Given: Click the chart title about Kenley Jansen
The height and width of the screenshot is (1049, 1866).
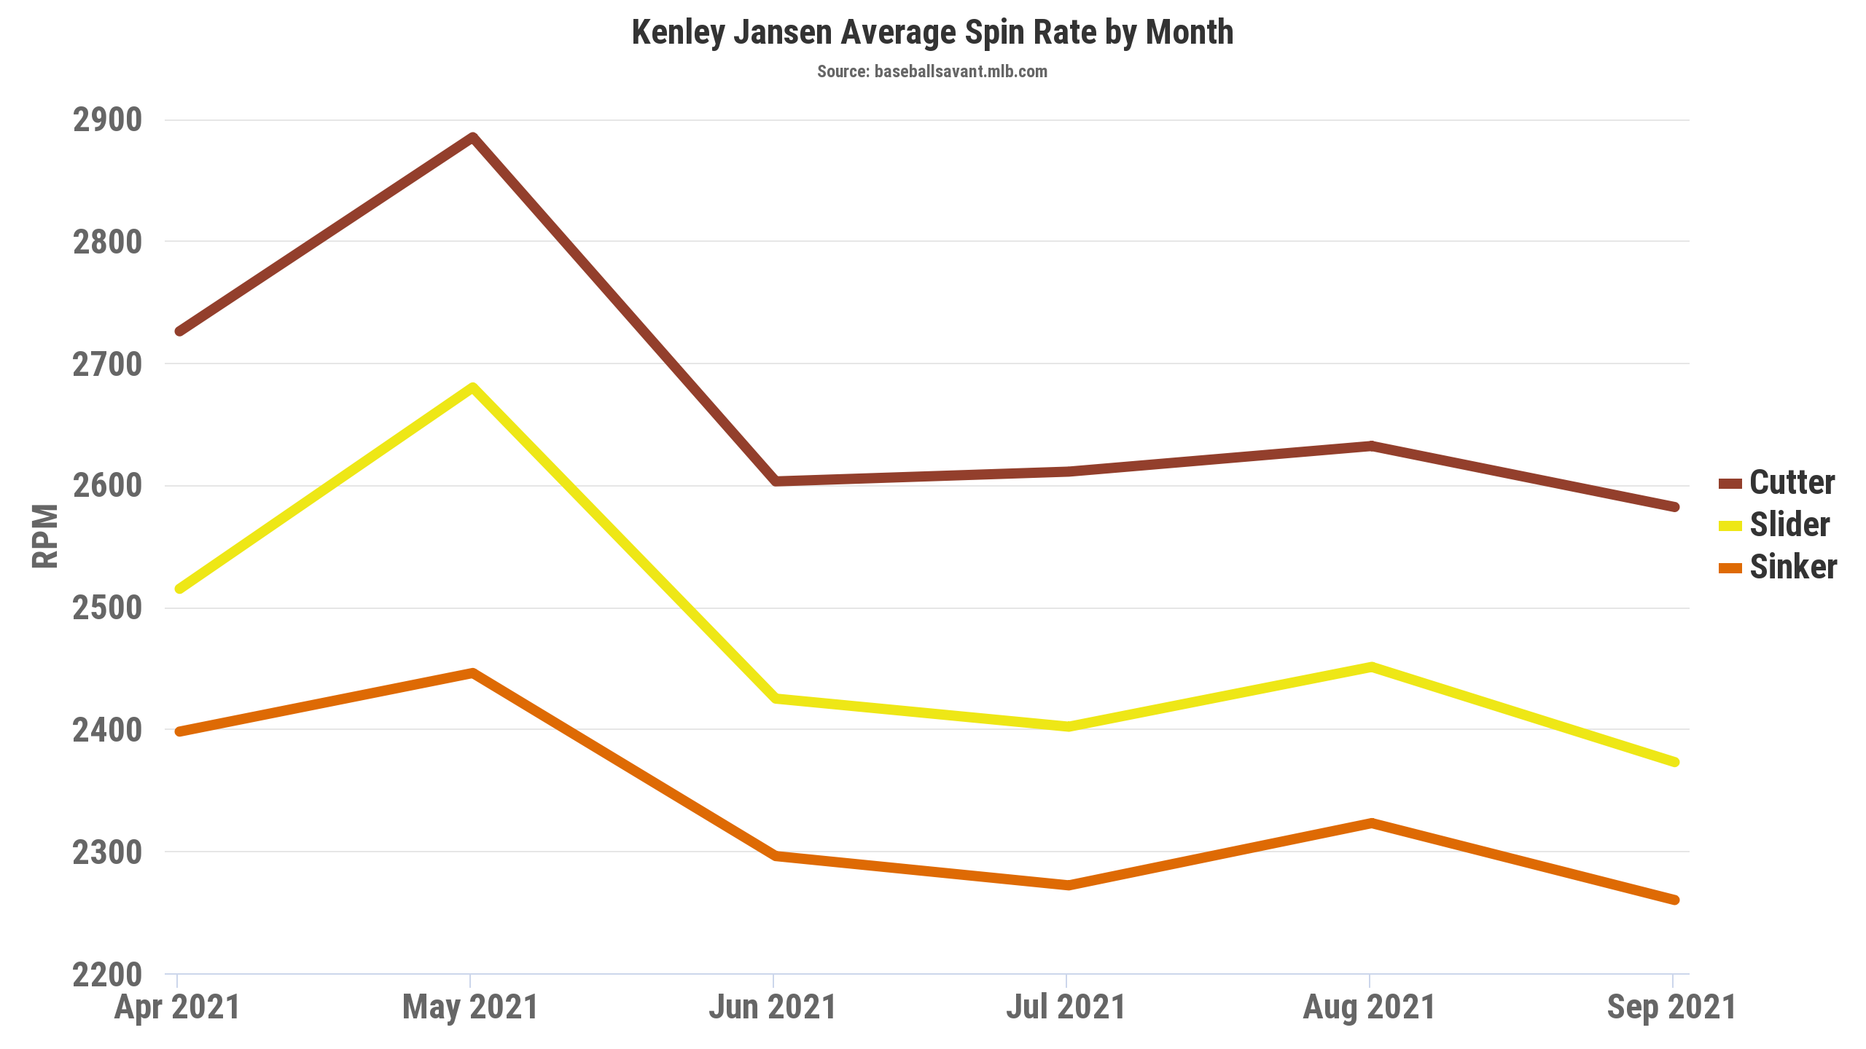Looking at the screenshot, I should click(932, 33).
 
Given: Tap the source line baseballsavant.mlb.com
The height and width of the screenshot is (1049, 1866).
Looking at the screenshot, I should click(932, 71).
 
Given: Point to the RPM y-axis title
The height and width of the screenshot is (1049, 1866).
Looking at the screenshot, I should click(45, 535).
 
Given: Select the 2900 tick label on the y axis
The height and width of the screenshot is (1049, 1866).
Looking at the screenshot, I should click(107, 120).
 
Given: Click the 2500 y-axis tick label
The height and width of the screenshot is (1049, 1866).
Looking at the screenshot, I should click(107, 608).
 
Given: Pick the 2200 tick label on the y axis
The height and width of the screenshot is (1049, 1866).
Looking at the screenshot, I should click(107, 975).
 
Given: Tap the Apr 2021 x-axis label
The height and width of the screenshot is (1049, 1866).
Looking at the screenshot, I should click(177, 1007).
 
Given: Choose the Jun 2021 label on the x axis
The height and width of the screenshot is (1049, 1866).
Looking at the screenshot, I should click(773, 1007).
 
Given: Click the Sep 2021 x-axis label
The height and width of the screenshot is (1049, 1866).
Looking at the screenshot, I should click(1671, 1007).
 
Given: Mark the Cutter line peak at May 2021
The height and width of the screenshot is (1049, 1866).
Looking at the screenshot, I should click(472, 138).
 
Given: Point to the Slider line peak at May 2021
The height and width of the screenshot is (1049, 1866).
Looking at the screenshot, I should click(472, 387).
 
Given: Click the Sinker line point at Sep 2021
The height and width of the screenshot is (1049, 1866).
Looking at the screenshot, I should click(1674, 900).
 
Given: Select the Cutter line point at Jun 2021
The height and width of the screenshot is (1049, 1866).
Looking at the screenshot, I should click(776, 481).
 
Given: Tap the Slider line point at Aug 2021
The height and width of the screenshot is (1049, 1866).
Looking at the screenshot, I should click(1371, 667).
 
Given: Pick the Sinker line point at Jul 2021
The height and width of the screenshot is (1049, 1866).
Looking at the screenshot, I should click(1068, 885).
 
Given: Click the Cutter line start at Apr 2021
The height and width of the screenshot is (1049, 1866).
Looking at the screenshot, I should click(179, 331).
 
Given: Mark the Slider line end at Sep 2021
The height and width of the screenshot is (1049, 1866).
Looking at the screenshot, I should click(1674, 762).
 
